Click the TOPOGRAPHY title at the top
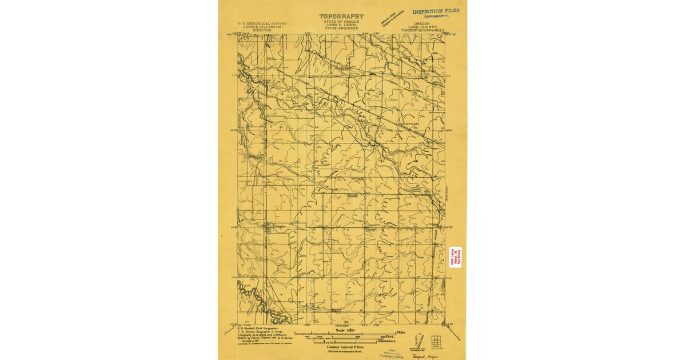pos(341,16)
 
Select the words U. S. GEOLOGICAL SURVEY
pos(262,23)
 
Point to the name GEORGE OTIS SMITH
pos(262,27)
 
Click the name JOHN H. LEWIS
pos(341,25)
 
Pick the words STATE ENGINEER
pos(341,28)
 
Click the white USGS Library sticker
pos(455,255)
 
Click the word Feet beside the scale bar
pos(391,336)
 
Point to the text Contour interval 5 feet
pos(341,347)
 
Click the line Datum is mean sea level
pos(341,351)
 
